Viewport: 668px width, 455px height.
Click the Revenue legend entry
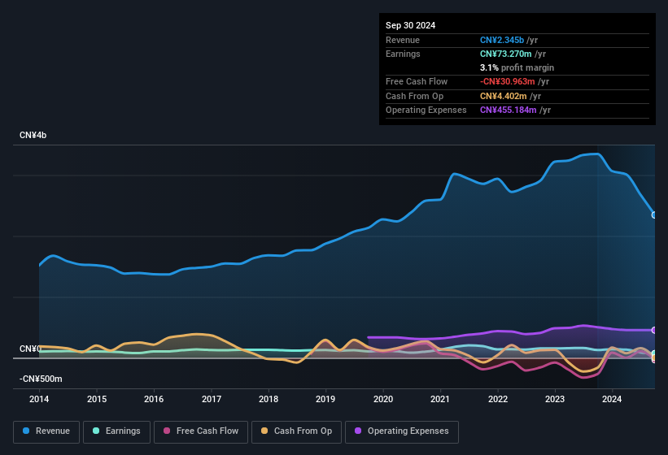tap(46, 431)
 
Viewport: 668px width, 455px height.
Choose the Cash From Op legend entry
tap(294, 431)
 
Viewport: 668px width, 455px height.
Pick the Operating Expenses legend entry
tap(402, 431)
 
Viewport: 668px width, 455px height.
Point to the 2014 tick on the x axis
tap(39, 399)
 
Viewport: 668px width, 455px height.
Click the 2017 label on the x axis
tap(212, 399)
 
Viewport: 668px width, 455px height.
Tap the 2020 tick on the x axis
tap(383, 399)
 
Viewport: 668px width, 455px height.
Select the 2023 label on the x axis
tap(555, 399)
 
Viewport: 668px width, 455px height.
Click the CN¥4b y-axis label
tap(33, 135)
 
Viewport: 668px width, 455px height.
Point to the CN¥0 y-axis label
tap(30, 349)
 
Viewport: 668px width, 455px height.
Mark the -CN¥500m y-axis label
tap(41, 379)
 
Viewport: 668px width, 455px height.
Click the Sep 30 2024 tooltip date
tap(410, 25)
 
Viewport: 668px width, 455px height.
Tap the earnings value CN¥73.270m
tap(504, 54)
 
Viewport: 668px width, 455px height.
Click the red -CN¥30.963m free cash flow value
tap(507, 81)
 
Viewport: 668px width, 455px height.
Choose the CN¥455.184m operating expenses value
tap(508, 110)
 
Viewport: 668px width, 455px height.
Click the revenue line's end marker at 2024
tap(654, 214)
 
